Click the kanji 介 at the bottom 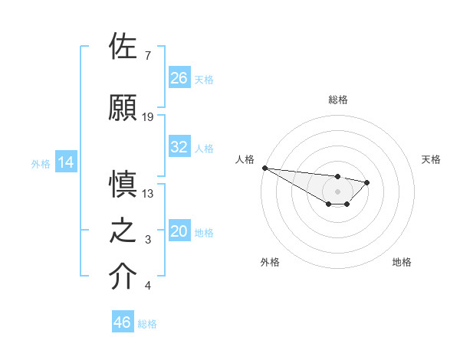coord(123,277)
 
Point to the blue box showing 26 coord(179,78)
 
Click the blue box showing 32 coord(179,147)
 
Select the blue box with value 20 coord(179,232)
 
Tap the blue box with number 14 coord(65,162)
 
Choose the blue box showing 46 coord(123,322)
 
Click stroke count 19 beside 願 coord(148,117)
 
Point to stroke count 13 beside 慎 coord(148,194)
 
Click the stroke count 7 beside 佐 coord(147,56)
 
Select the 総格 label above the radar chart coord(337,100)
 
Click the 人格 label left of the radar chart coord(245,159)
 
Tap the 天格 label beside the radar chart coord(431,159)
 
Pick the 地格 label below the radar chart coord(402,262)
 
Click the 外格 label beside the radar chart coord(270,262)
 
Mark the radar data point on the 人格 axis coord(264,168)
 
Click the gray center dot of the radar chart coord(337,191)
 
